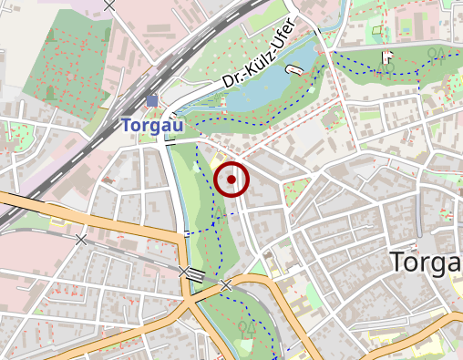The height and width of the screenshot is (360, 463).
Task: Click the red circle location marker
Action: pyautogui.click(x=231, y=180)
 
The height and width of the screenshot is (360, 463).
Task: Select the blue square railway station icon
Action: pyautogui.click(x=151, y=100)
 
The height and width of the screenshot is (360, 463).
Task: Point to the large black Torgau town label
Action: pyautogui.click(x=426, y=262)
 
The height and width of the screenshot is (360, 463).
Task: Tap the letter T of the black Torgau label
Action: pyautogui.click(x=397, y=262)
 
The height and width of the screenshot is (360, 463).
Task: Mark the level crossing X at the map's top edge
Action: pyautogui.click(x=110, y=5)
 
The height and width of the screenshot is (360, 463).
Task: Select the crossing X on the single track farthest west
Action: pyautogui.click(x=81, y=239)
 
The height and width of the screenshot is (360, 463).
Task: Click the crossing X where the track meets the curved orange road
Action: pyautogui.click(x=226, y=285)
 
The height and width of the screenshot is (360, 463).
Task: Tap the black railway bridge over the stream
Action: pyautogui.click(x=185, y=272)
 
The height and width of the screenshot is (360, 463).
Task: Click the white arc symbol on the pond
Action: pyautogui.click(x=293, y=70)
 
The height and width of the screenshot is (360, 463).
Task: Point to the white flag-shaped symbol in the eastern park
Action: pyautogui.click(x=386, y=57)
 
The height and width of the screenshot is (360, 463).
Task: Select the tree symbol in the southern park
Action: pyautogui.click(x=247, y=325)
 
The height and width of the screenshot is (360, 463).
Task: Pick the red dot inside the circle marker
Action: pyautogui.click(x=231, y=180)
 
